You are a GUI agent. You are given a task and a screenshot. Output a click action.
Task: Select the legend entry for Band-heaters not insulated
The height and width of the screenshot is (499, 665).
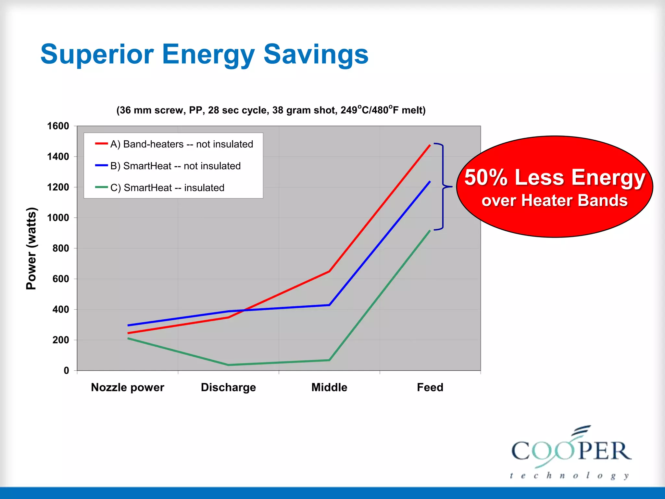181,144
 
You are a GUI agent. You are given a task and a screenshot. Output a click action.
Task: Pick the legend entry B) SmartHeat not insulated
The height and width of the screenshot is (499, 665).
175,166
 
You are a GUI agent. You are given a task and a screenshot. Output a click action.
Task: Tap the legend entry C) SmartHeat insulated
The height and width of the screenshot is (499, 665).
167,187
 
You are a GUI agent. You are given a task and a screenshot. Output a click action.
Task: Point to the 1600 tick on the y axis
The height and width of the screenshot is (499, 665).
58,126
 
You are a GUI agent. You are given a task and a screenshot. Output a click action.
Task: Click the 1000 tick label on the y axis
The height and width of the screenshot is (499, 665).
58,218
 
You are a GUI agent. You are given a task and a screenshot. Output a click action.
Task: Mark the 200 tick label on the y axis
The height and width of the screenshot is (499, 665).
61,340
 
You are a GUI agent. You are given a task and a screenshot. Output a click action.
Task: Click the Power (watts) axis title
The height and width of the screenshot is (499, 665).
31,248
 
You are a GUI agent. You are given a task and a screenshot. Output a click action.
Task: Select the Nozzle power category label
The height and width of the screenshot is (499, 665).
127,387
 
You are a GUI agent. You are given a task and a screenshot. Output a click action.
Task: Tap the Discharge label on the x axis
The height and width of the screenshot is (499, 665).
228,387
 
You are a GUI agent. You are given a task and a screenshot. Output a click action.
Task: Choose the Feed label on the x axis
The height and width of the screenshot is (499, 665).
430,387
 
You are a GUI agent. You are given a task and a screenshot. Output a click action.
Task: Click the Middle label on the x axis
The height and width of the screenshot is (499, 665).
329,387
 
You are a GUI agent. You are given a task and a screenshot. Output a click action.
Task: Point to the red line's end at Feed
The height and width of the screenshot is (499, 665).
430,145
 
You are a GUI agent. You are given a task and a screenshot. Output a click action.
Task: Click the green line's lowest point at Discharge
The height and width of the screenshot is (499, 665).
228,365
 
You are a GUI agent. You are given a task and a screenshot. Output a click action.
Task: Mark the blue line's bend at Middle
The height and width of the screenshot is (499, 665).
329,305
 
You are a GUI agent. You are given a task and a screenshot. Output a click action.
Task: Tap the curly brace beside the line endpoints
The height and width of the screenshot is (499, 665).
443,187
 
